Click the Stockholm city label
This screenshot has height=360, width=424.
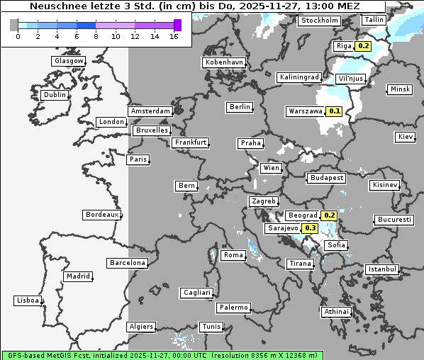point(319,21)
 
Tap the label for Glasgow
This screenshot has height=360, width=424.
point(69,61)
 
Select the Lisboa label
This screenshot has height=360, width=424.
point(28,300)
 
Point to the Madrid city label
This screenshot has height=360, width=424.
point(77,276)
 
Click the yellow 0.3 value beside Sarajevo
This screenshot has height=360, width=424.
point(311,228)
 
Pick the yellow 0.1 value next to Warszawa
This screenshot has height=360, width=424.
point(335,111)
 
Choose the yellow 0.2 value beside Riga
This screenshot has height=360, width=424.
point(364,46)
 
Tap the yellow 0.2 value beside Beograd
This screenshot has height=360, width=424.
point(329,215)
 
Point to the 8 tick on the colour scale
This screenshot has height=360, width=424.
point(96,36)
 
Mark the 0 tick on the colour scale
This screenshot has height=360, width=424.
point(17,36)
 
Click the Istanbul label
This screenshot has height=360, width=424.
point(383,269)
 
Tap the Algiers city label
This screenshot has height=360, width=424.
point(140,327)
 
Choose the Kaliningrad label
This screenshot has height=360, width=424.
point(299,77)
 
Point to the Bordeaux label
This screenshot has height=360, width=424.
point(101,215)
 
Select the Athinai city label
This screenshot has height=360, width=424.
point(336,312)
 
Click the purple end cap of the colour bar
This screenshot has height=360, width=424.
point(177,25)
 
